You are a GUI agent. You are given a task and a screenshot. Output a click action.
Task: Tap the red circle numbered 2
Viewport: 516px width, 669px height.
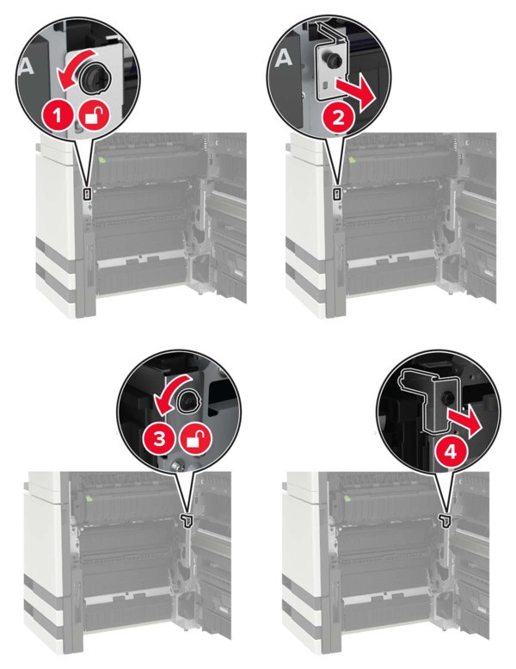[338, 118]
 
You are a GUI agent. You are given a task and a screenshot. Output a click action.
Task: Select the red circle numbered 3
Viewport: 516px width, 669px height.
[158, 439]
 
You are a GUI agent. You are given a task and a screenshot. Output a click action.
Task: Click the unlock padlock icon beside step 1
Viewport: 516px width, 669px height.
[94, 116]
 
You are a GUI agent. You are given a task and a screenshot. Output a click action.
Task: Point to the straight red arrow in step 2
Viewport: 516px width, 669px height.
[355, 97]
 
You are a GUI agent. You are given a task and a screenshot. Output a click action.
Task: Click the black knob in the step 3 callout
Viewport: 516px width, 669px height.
[187, 400]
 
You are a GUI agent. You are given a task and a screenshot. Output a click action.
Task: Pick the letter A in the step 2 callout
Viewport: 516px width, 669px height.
[283, 58]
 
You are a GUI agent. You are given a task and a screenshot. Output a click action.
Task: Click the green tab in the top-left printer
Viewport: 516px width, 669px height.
[101, 159]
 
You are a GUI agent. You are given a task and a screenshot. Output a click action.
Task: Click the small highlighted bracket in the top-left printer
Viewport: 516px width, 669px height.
[88, 194]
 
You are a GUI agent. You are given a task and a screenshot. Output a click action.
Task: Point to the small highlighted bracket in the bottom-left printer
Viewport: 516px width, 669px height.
[187, 520]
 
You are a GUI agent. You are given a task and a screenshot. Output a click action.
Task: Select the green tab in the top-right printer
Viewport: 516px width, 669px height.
[352, 160]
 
